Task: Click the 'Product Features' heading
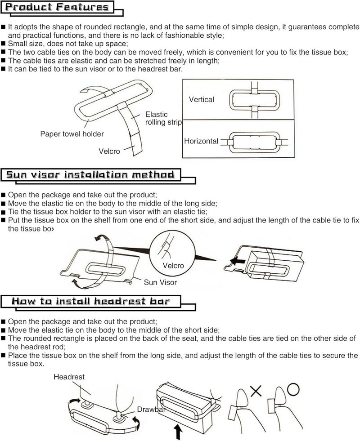[57, 7]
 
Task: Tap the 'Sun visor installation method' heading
[90, 175]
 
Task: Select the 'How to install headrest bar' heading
[90, 301]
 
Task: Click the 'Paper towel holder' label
[72, 134]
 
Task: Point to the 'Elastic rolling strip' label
[163, 118]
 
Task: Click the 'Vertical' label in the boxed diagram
[202, 99]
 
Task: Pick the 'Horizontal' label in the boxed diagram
[201, 141]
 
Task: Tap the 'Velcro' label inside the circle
[173, 266]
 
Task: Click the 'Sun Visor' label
[160, 282]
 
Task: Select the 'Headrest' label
[69, 377]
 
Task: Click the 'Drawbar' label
[151, 410]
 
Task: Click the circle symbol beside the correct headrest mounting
[293, 390]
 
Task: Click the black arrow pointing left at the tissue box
[238, 261]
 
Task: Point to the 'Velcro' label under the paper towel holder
[109, 151]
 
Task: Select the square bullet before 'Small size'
[4, 44]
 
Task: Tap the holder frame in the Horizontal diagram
[229, 143]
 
